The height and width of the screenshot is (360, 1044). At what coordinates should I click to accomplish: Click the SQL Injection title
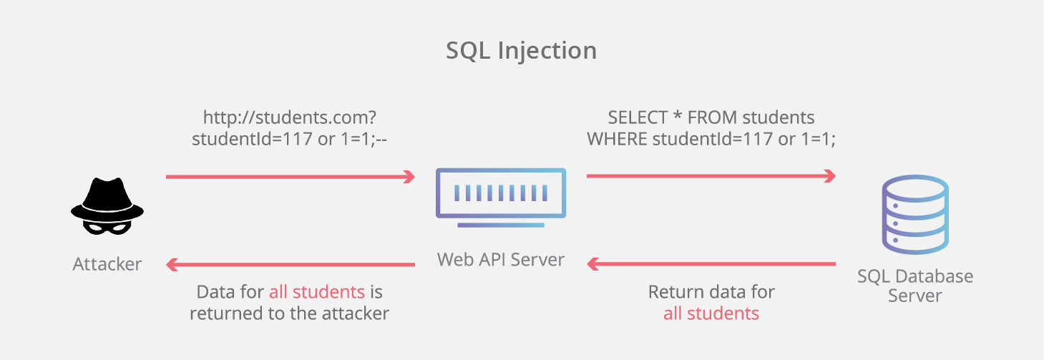[x=521, y=51]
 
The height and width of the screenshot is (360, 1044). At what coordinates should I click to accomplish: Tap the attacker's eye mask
[x=107, y=225]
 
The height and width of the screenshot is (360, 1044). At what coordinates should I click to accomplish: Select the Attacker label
[x=107, y=264]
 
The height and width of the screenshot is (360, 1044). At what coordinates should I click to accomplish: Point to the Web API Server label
[x=500, y=259]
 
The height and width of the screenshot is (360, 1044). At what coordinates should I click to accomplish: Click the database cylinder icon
[x=914, y=215]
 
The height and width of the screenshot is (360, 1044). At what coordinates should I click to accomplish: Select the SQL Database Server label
[x=914, y=286]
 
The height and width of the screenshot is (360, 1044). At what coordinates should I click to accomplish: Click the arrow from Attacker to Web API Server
[x=290, y=176]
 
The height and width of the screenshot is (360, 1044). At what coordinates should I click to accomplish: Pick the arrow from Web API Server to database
[x=711, y=176]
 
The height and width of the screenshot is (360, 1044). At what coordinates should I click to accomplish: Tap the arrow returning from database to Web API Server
[x=711, y=264]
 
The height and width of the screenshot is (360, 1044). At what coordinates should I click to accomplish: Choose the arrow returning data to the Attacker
[x=290, y=264]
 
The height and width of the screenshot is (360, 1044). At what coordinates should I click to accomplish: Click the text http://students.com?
[x=289, y=117]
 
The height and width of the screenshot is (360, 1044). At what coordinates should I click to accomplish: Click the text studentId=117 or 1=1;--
[x=289, y=140]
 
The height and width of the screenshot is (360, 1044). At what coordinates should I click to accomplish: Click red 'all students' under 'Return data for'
[x=711, y=313]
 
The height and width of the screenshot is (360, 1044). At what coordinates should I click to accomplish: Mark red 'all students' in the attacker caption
[x=316, y=292]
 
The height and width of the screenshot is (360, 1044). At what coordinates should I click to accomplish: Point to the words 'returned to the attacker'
[x=289, y=313]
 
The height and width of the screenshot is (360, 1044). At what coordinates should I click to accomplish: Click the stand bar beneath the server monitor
[x=500, y=225]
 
